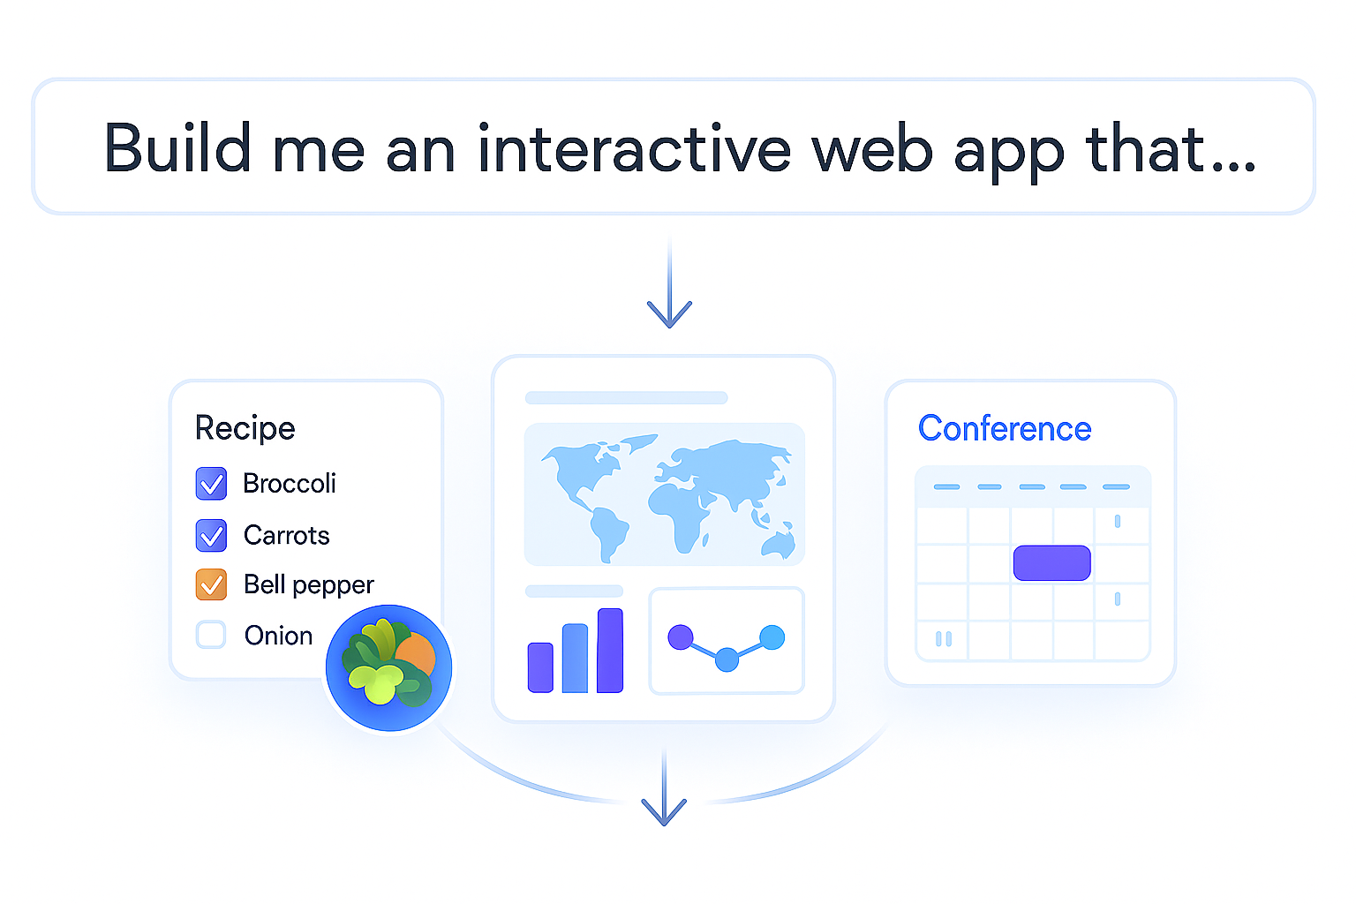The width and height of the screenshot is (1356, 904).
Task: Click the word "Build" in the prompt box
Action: tap(177, 148)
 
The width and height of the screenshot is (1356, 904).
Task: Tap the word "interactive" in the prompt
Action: tap(634, 148)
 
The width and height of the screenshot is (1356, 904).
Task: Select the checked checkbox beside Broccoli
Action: tap(211, 484)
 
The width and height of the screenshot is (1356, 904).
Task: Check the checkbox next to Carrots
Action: tap(211, 535)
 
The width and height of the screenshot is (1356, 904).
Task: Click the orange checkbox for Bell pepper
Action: tap(211, 584)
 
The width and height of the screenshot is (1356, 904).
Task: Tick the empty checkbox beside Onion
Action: tap(211, 635)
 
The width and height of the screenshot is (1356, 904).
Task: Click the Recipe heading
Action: tap(245, 428)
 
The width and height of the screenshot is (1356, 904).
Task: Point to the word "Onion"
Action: tap(278, 636)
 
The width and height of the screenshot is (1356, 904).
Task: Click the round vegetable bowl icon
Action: tap(388, 667)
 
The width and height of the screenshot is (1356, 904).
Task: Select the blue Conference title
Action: tap(1005, 429)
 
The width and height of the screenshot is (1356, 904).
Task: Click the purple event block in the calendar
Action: tap(1051, 563)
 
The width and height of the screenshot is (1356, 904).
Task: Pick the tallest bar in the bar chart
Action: tap(610, 650)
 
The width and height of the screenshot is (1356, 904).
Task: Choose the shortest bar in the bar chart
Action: tap(540, 667)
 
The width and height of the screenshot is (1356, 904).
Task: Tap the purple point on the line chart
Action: tap(681, 637)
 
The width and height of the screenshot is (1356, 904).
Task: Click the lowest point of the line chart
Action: tap(727, 659)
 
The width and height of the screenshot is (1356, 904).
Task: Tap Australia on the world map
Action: tap(780, 541)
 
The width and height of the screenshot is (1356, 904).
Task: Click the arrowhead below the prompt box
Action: tap(669, 313)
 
